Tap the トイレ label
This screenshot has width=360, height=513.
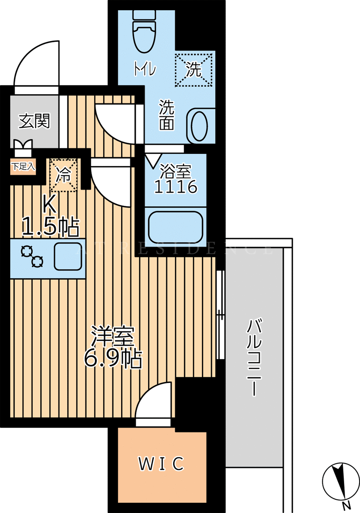coord(145,69)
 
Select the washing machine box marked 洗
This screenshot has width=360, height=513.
coord(193,70)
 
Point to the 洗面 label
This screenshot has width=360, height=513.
coord(167,115)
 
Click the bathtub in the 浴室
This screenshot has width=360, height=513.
coord(175,227)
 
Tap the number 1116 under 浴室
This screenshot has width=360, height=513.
coord(175,187)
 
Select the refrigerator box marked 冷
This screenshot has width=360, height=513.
coord(63,175)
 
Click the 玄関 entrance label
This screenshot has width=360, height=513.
coord(34,121)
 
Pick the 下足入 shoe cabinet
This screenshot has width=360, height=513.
coord(23,167)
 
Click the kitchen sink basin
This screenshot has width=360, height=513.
coord(68,256)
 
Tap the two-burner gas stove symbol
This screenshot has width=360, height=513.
coord(33,257)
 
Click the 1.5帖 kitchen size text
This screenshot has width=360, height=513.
coord(51,227)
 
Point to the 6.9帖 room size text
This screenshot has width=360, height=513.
coord(113,359)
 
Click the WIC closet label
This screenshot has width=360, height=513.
coord(161,464)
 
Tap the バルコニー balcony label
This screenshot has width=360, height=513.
coord(254,357)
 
